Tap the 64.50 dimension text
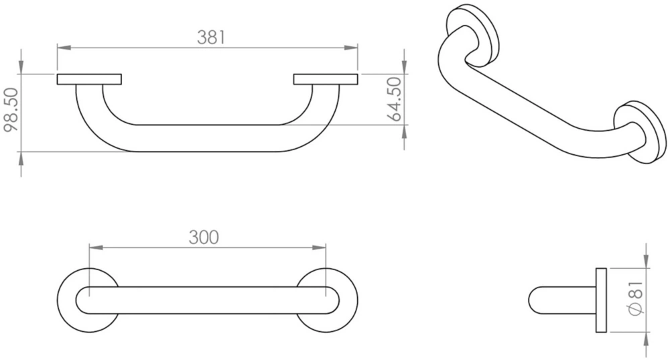pos(395,99)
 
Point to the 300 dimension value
pos(203,237)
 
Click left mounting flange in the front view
pos(89,80)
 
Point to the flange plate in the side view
pos(600,300)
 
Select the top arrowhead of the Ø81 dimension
pos(646,262)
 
